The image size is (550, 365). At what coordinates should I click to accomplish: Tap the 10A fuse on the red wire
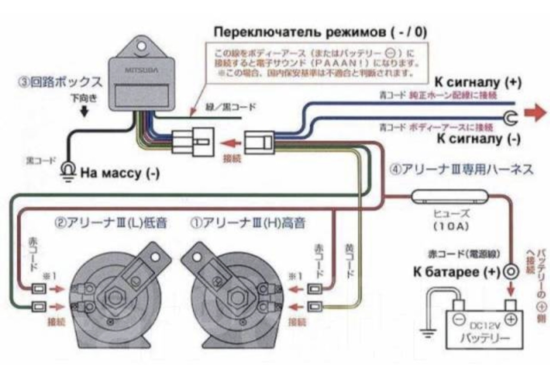(x=449, y=196)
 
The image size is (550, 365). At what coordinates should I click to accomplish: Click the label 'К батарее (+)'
(x=456, y=272)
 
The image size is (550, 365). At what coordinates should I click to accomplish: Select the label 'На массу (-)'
(x=120, y=173)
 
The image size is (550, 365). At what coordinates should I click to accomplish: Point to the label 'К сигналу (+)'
(x=478, y=82)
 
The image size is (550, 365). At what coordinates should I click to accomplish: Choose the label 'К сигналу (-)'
(x=479, y=138)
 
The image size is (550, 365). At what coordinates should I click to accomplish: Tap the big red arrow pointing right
(x=535, y=113)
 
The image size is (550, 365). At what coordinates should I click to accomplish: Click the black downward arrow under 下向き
(x=84, y=111)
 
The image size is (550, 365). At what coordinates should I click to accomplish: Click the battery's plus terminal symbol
(x=511, y=319)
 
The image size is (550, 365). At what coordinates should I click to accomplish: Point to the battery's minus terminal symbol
(x=459, y=319)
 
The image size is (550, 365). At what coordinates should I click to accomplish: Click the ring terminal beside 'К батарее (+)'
(x=511, y=272)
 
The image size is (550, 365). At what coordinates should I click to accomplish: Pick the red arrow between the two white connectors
(x=231, y=144)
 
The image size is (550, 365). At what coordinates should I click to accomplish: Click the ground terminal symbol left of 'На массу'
(x=68, y=171)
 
